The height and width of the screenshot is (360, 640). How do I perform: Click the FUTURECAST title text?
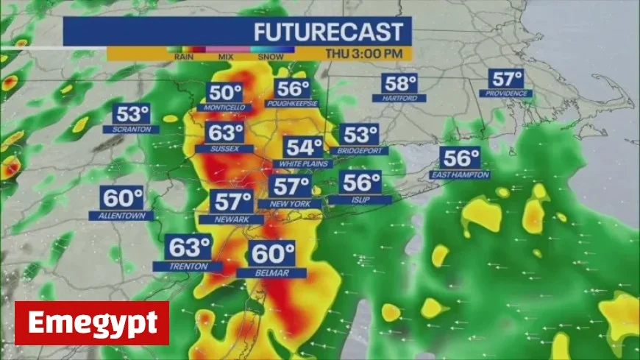(x=328, y=32)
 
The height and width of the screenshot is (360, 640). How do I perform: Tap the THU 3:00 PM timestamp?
(x=366, y=53)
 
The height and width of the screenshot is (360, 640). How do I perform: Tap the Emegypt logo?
(x=92, y=323)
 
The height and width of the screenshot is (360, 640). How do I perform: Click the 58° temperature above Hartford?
(x=400, y=84)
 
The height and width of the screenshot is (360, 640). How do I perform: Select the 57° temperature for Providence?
(x=507, y=79)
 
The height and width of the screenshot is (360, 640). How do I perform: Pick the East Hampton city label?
(x=460, y=174)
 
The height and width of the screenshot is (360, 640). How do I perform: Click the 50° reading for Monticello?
(x=224, y=93)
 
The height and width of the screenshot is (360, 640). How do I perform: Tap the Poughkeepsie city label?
(x=294, y=104)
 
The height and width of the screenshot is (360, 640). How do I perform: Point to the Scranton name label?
(x=132, y=129)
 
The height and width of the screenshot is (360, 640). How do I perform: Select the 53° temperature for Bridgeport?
(x=360, y=135)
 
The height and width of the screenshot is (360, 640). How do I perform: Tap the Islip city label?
(x=360, y=200)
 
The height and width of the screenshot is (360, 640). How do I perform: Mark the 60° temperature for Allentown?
(x=122, y=198)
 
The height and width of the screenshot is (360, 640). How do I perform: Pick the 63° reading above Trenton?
(x=188, y=247)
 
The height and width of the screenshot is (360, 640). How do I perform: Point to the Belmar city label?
(x=271, y=273)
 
